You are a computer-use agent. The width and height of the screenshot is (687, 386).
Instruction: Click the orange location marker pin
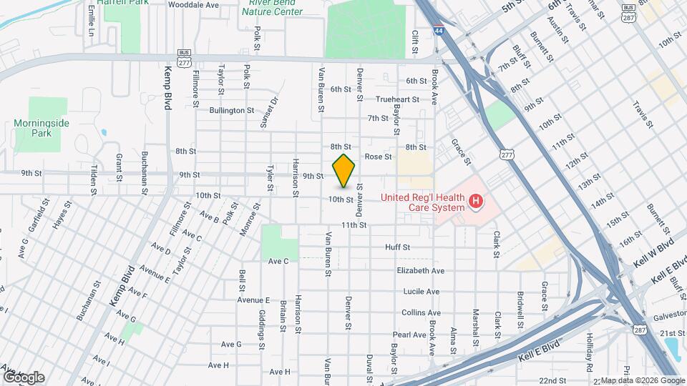pos(344,171)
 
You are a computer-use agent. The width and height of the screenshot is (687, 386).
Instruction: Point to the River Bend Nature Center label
pos(271,7)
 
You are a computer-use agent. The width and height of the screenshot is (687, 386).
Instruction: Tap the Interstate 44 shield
pos(437,31)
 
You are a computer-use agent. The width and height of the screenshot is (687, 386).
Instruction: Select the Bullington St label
pos(232,111)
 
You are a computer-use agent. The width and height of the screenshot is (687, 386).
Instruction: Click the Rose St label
pos(379,157)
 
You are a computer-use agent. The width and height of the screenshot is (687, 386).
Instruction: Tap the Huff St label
pos(397,247)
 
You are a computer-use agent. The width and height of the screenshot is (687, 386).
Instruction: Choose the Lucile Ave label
pos(421,292)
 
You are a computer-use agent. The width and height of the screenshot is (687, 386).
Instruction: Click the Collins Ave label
pos(421,312)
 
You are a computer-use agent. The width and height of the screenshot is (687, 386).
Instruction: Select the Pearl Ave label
pos(409,334)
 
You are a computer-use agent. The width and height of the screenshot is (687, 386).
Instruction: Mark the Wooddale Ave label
pos(193,4)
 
